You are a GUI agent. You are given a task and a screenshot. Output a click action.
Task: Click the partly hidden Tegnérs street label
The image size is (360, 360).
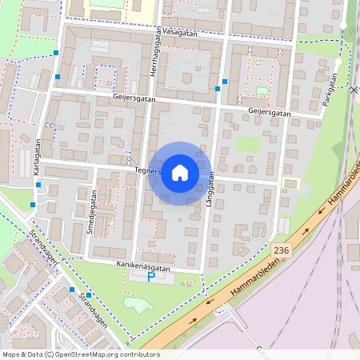click(146, 170)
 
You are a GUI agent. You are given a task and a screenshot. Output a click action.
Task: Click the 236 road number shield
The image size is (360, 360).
click(280, 250)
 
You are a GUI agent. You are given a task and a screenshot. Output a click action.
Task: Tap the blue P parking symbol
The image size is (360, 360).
click(152, 277)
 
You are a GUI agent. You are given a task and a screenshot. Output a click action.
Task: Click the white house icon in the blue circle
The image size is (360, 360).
click(179, 173)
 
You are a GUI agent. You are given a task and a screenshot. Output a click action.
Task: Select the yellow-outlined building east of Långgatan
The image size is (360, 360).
click(290, 183)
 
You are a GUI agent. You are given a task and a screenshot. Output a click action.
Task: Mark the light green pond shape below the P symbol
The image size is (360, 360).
click(138, 304)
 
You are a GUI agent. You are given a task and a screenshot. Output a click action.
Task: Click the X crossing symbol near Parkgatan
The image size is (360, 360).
click(354, 90)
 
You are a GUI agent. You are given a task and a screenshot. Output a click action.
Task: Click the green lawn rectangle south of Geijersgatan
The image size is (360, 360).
click(248, 145)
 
